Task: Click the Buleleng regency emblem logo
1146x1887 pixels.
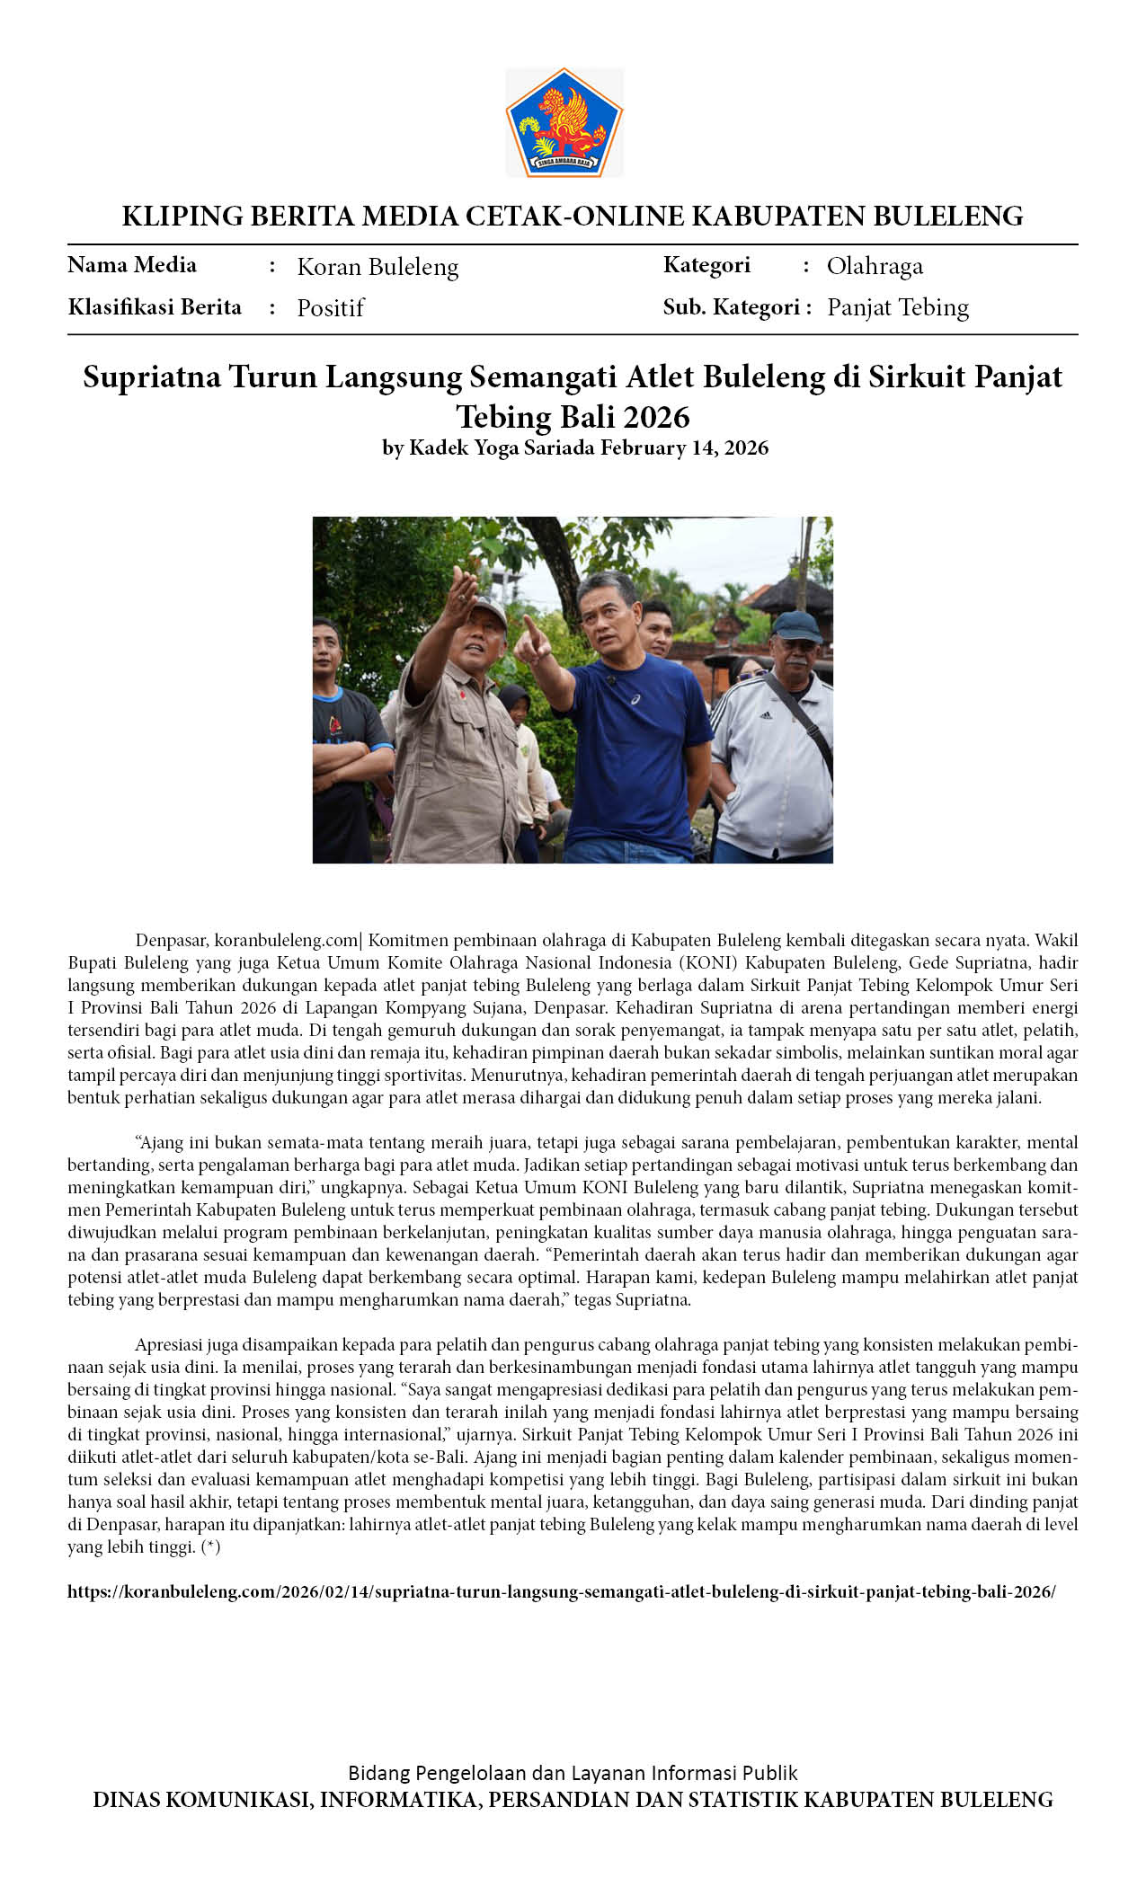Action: [x=564, y=123]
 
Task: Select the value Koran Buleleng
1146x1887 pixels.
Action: [x=378, y=267]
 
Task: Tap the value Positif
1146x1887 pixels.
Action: [x=330, y=308]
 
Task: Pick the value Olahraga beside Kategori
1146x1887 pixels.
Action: [x=875, y=266]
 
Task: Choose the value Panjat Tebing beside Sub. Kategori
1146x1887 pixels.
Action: [x=897, y=307]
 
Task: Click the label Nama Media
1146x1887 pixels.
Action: [x=132, y=265]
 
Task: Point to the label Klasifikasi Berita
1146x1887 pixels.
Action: [x=155, y=307]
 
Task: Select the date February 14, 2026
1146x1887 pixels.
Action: [x=684, y=447]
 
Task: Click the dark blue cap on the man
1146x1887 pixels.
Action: [x=796, y=625]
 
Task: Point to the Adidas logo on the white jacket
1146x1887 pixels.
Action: [x=765, y=715]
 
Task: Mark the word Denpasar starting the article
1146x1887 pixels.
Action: [x=172, y=941]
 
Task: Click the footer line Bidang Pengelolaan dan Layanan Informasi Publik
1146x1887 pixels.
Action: [x=573, y=1773]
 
